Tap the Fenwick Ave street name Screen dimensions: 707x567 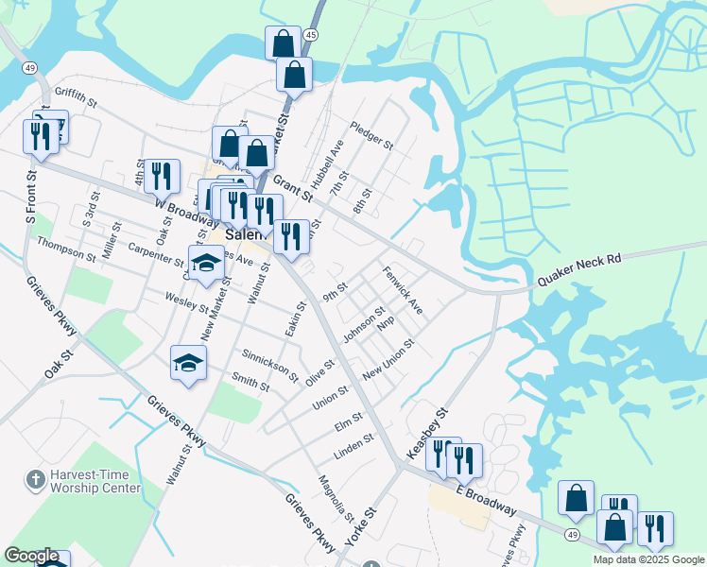[x=403, y=291]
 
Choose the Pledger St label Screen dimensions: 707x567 [x=371, y=135]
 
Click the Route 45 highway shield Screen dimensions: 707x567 [x=311, y=35]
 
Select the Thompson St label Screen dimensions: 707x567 [x=66, y=248]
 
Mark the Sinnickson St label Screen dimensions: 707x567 [x=270, y=365]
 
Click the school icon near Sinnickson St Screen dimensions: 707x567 [x=188, y=364]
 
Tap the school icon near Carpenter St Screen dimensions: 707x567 [x=207, y=264]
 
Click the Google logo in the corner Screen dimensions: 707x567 [x=31, y=556]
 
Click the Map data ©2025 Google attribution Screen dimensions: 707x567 [x=648, y=559]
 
